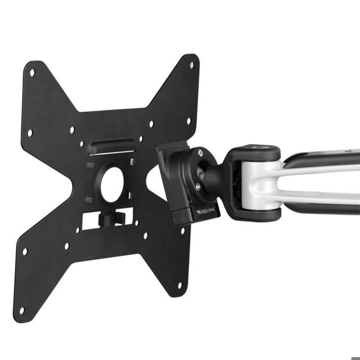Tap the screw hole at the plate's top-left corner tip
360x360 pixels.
click(31, 73)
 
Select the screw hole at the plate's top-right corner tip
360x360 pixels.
click(191, 65)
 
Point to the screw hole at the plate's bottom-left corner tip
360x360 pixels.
click(21, 310)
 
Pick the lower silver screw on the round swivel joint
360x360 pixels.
click(198, 187)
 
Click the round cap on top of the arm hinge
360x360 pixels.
click(260, 149)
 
